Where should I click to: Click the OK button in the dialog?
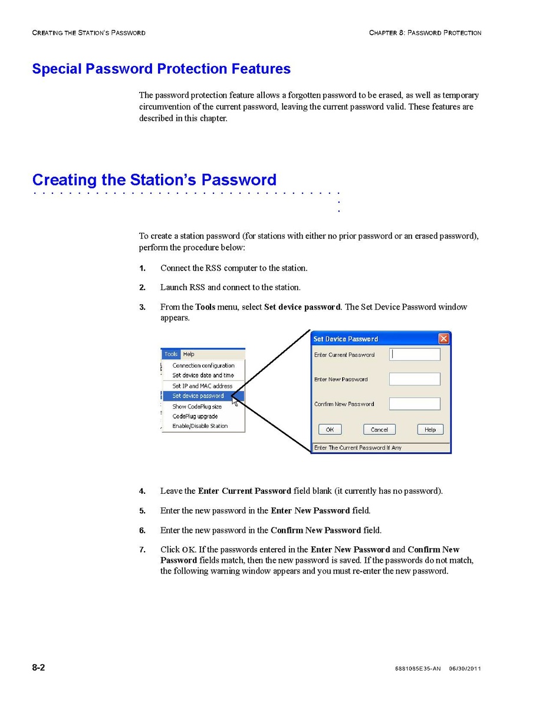pos(330,430)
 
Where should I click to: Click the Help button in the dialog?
pos(430,430)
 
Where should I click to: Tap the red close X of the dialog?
pos(443,339)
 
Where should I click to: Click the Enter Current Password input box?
pos(415,355)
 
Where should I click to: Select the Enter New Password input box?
pos(415,380)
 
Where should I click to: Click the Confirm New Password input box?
pos(415,404)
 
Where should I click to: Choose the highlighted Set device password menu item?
pos(198,396)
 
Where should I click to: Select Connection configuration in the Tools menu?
pos(203,365)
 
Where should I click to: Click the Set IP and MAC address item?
pos(202,386)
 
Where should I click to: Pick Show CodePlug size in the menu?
pos(197,407)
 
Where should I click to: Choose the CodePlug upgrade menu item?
pos(195,416)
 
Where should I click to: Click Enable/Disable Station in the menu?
pos(200,426)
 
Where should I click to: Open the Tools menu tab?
pos(171,354)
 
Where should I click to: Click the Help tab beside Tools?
pos(189,354)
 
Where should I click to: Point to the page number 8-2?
pos(39,668)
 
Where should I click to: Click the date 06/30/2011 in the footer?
pos(465,669)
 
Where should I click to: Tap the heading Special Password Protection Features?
pos(161,69)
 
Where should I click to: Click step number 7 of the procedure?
pos(142,550)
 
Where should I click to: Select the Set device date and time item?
pos(203,375)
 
